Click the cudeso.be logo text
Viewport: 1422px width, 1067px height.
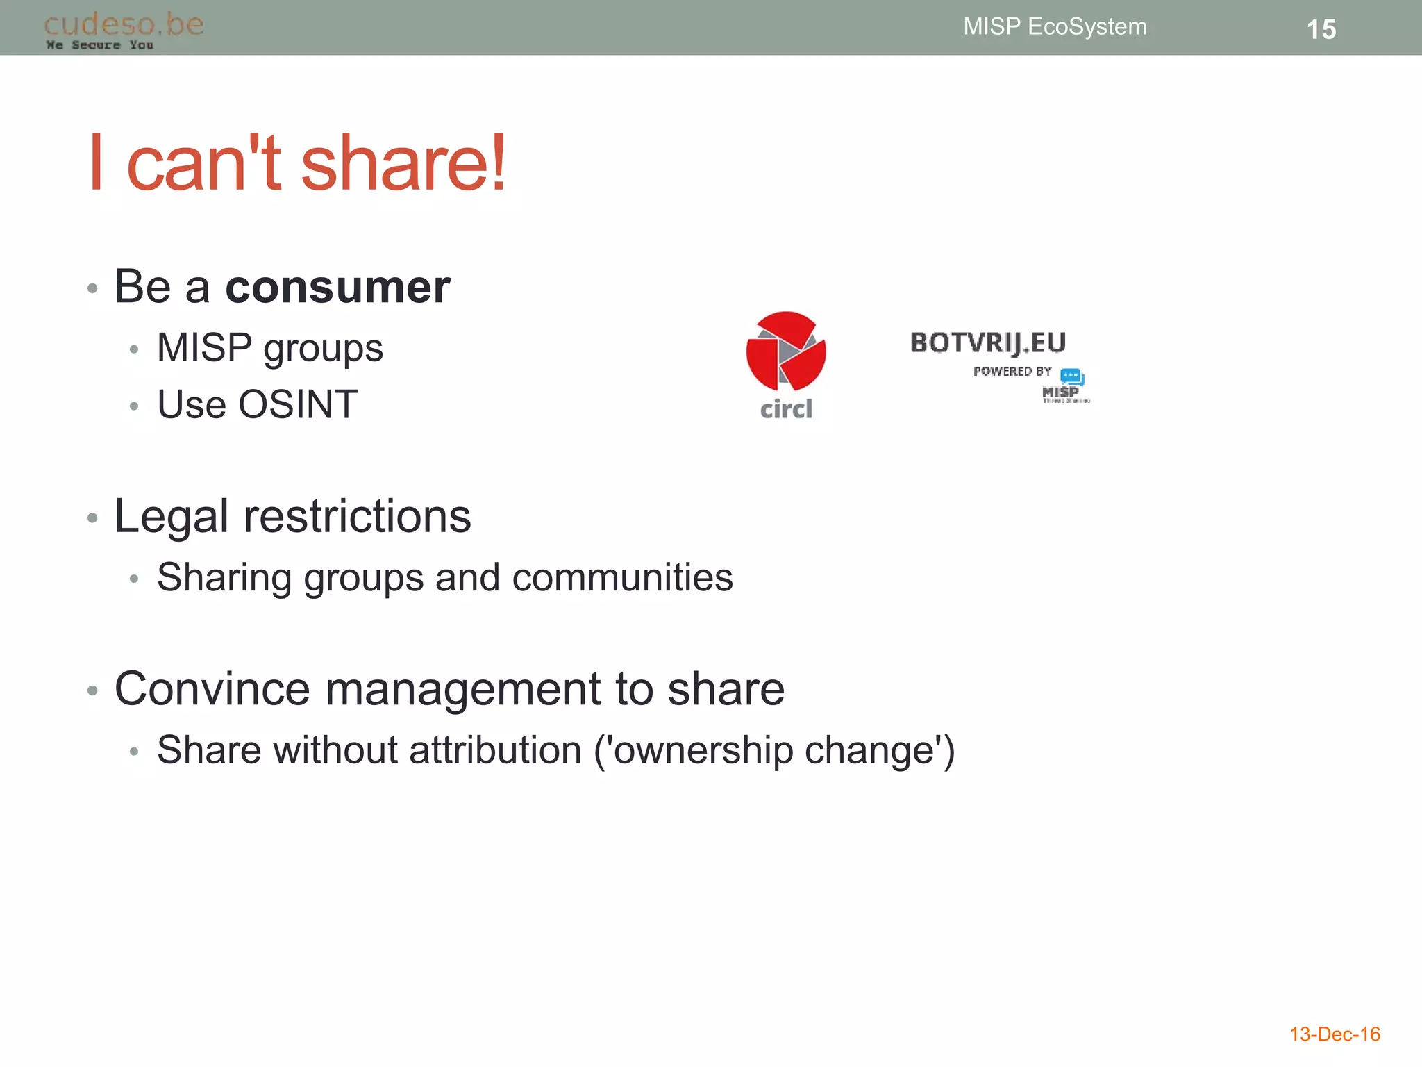tap(124, 24)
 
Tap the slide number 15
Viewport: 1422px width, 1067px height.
tap(1321, 29)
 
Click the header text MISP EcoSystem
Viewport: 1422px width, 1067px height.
tap(1055, 26)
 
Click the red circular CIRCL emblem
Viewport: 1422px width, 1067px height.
tap(786, 351)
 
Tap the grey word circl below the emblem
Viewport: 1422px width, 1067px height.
tap(786, 409)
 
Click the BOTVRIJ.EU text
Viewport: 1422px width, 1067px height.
tap(987, 342)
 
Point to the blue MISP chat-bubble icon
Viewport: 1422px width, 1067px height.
tap(1072, 377)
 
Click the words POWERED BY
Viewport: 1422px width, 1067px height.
tap(1012, 372)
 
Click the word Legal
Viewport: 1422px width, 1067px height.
tap(172, 517)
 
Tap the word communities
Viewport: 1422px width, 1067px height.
tap(622, 577)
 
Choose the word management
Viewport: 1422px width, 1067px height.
tap(463, 689)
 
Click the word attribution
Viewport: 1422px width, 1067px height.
tap(495, 750)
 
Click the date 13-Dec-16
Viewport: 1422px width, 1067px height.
tap(1335, 1034)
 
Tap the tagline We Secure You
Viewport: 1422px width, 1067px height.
tap(99, 45)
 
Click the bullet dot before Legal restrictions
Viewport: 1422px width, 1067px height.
tap(92, 518)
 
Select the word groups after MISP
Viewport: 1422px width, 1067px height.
tap(323, 349)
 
